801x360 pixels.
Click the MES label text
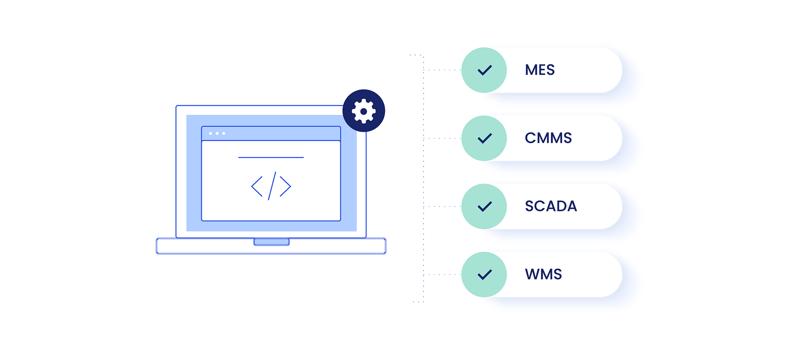(x=540, y=70)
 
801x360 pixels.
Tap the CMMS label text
(x=548, y=138)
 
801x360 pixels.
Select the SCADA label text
(x=551, y=206)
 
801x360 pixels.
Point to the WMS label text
(x=543, y=274)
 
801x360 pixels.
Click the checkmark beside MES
(x=484, y=70)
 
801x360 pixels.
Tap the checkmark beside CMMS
(x=484, y=138)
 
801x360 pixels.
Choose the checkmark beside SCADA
(x=484, y=206)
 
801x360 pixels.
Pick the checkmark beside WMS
(x=484, y=274)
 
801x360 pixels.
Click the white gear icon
(x=364, y=111)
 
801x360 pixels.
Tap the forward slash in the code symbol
(x=272, y=186)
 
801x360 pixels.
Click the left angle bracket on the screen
(x=257, y=187)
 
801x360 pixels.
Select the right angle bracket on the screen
(x=285, y=187)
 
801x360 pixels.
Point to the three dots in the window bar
(x=217, y=134)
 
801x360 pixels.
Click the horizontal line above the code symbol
(x=271, y=157)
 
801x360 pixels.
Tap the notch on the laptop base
(x=272, y=242)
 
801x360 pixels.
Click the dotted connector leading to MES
(x=442, y=70)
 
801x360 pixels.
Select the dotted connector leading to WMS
(x=442, y=274)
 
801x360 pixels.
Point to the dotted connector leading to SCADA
(x=442, y=206)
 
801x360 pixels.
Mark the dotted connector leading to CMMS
(x=442, y=138)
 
